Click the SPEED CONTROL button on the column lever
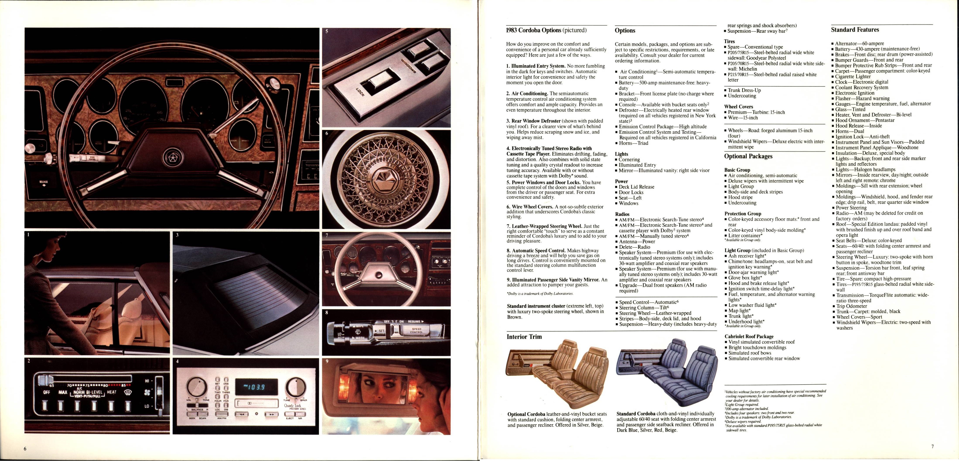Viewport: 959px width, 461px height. (416, 330)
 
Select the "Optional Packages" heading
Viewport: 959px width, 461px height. (748, 156)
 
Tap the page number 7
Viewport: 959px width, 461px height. (932, 446)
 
